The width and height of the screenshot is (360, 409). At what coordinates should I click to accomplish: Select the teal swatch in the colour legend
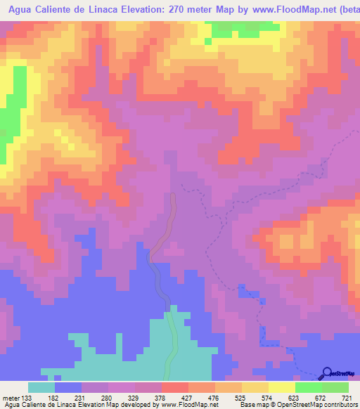coord(41,387)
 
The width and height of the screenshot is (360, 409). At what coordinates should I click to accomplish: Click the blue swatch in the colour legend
coord(68,387)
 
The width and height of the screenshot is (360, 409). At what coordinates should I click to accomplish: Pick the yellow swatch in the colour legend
coord(255,387)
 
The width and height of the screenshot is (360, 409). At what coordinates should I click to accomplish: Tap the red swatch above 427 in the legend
coord(175,387)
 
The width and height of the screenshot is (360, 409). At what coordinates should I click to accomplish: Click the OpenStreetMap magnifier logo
coord(326,374)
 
